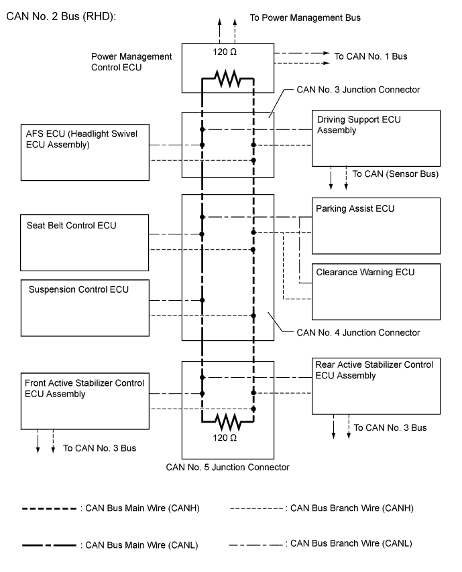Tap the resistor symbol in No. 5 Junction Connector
(228, 422)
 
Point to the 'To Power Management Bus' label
(305, 17)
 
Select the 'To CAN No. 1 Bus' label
(371, 56)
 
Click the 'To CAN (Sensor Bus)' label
(396, 174)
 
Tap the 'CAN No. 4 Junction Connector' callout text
(358, 332)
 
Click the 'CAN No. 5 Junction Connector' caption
(227, 467)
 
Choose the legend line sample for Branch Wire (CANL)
(255, 544)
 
